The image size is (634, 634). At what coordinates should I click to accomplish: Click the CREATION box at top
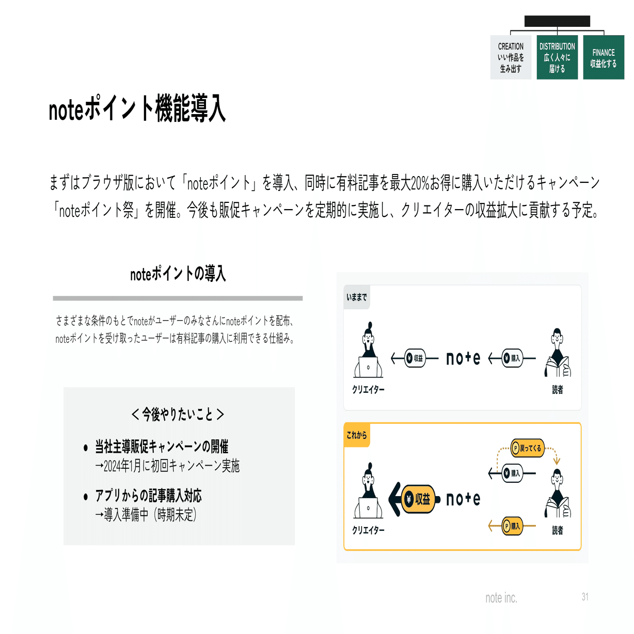click(510, 57)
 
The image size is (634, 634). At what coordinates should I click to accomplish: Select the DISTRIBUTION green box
click(557, 57)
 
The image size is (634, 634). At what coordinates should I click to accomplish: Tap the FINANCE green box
click(603, 57)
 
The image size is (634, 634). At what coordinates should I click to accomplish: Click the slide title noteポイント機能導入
click(137, 109)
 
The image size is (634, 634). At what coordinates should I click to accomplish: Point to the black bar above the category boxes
click(557, 21)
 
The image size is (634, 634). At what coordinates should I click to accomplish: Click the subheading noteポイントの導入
click(178, 274)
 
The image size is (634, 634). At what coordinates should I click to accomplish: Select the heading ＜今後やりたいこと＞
click(178, 414)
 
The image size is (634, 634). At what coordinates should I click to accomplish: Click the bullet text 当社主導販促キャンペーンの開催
click(161, 447)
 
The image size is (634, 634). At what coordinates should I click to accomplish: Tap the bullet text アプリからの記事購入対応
click(148, 496)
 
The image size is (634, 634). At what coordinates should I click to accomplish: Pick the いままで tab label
click(357, 297)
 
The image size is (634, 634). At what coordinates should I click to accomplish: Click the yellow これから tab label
click(357, 435)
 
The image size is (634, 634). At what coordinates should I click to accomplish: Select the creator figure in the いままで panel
click(368, 351)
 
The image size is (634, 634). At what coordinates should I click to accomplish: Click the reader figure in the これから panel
click(558, 493)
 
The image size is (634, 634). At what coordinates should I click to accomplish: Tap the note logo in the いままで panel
click(463, 358)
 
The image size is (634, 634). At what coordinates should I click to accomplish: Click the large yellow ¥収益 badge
click(418, 499)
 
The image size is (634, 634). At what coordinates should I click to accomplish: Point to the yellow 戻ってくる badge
click(527, 448)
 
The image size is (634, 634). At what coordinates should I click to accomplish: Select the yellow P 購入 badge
click(512, 526)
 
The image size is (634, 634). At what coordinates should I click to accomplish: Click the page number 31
click(584, 597)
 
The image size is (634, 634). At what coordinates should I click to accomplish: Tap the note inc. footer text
click(501, 598)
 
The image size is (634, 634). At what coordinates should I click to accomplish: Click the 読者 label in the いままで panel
click(558, 390)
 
